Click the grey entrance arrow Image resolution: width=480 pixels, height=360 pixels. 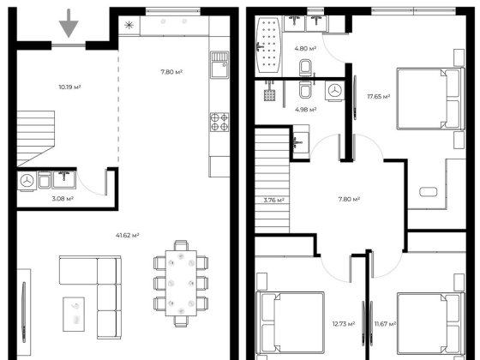69,24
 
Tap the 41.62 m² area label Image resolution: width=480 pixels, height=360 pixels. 128,236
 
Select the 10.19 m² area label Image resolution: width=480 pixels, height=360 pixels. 69,87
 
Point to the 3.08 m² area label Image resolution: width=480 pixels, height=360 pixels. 63,199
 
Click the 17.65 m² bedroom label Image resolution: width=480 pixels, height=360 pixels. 379,97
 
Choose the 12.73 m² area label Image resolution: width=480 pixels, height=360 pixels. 344,324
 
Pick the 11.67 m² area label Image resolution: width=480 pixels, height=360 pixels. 386,324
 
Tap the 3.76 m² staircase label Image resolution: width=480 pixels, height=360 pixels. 274,201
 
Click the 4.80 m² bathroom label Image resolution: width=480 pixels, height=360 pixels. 305,48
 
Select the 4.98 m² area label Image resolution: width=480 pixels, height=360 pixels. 306,110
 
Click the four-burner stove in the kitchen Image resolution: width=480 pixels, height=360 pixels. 219,122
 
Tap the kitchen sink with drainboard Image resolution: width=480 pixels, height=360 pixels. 219,65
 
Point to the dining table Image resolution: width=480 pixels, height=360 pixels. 181,284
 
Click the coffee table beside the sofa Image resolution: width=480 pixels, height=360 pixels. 74,314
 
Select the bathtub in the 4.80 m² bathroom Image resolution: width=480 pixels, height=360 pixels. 268,45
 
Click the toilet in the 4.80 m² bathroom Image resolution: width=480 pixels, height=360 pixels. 305,68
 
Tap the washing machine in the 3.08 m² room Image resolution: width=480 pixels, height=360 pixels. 27,181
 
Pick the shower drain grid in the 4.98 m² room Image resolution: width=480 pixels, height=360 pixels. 269,95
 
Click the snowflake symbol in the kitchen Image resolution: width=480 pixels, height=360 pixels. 129,25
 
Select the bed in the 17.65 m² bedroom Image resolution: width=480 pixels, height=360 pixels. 430,99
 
